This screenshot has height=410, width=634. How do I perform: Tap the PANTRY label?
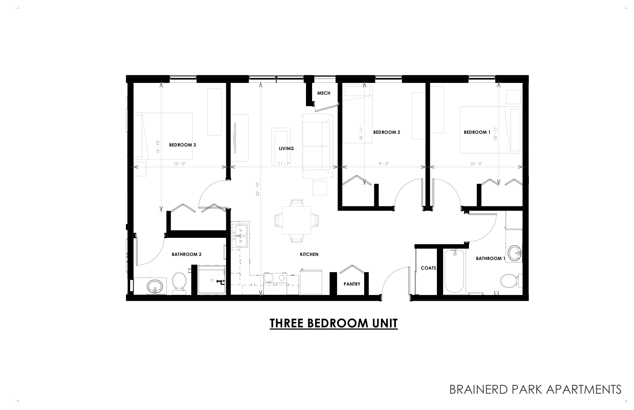tap(352, 284)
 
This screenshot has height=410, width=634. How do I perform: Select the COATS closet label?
tap(428, 268)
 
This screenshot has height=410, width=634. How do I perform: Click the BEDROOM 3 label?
tap(183, 145)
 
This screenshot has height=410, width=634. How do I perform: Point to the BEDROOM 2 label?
tap(387, 132)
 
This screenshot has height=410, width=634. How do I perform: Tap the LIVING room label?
tap(286, 149)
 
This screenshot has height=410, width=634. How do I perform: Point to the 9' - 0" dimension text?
tap(384, 164)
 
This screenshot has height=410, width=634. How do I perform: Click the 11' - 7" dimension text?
tap(284, 164)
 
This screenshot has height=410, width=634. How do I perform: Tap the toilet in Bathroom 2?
tap(179, 283)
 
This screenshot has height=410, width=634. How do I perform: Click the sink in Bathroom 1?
tap(515, 253)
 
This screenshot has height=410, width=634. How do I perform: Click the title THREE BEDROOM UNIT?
tap(334, 323)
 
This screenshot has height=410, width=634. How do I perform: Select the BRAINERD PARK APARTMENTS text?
tap(535, 389)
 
